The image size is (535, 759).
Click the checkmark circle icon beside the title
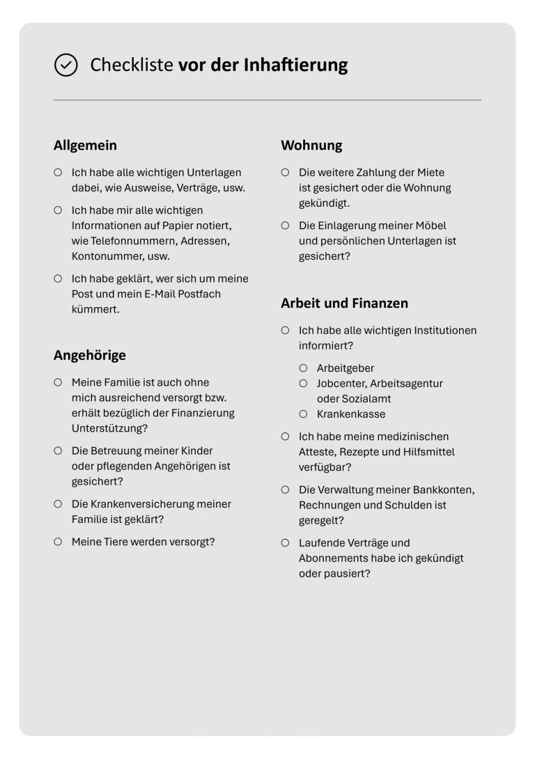pos(65,65)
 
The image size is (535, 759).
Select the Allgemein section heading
pos(85,146)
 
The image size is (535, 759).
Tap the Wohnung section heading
pos(311,146)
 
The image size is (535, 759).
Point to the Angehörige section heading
pos(90,355)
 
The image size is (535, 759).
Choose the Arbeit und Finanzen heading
pos(344,304)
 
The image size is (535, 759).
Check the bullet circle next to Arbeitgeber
pos(303,368)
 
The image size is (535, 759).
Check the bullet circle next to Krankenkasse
pos(303,414)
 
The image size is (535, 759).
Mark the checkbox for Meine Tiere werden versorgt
pos(58,541)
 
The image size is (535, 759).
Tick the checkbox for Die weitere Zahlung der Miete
pos(285,172)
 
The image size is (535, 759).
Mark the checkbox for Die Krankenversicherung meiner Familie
pos(58,503)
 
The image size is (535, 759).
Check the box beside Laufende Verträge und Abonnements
pos(285,542)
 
